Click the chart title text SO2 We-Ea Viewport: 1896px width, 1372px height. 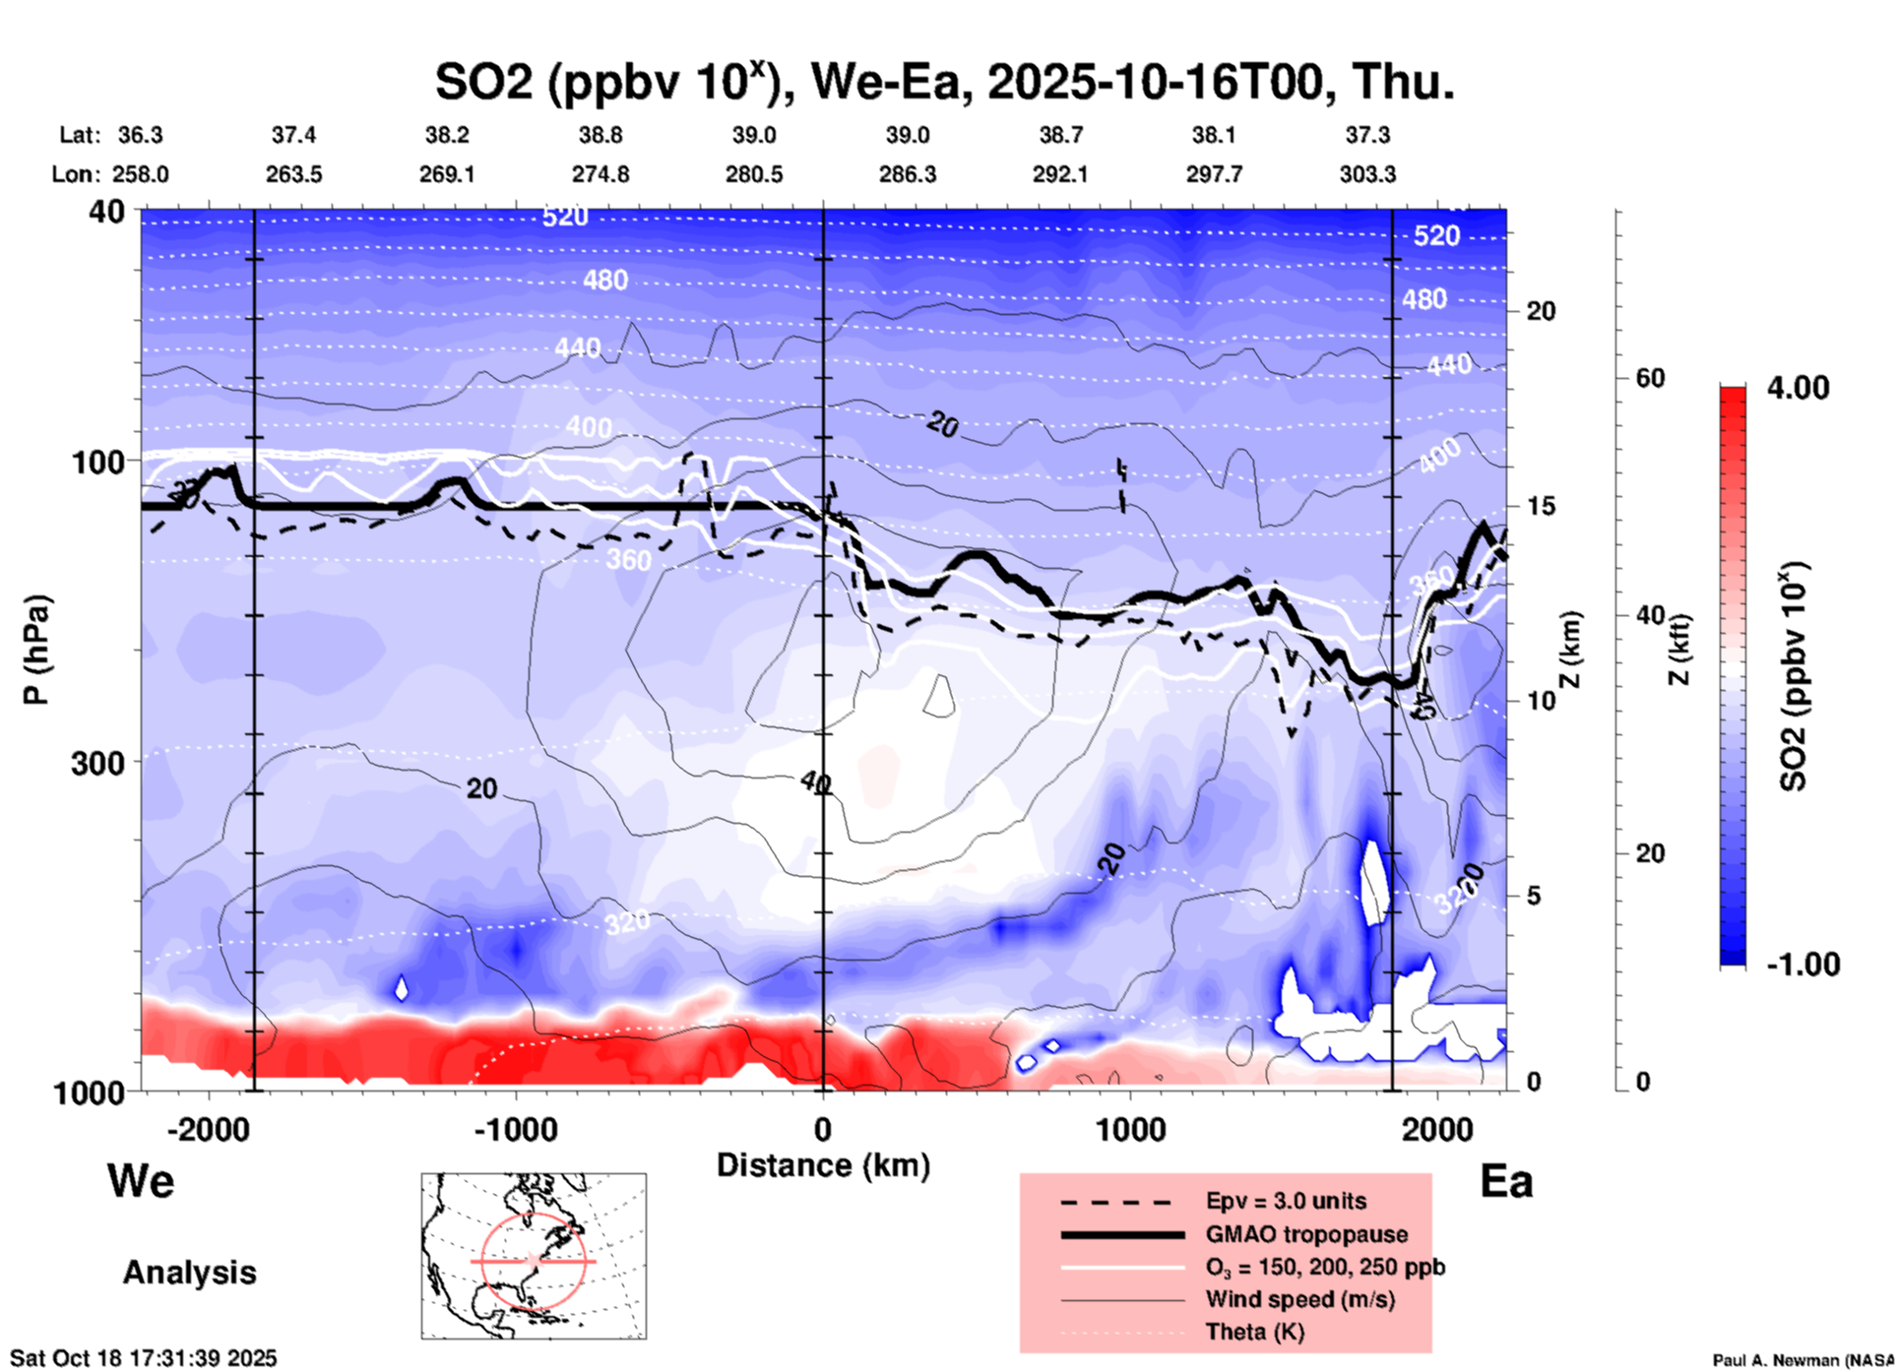click(x=945, y=81)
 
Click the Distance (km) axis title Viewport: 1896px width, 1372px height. click(x=823, y=1165)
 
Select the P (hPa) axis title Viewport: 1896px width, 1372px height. click(x=36, y=650)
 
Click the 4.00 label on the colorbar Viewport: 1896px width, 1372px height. click(x=1798, y=387)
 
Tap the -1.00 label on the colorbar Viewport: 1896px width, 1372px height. click(x=1802, y=965)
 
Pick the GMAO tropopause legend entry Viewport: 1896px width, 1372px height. click(x=1306, y=1234)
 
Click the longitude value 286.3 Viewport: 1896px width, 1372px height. click(x=908, y=174)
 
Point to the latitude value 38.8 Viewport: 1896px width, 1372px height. click(x=600, y=135)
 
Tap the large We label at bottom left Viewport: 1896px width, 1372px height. click(x=141, y=1180)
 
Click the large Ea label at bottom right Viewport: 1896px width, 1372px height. click(x=1506, y=1181)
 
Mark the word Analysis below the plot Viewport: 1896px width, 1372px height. click(x=189, y=1272)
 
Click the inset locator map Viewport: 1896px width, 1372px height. click(x=534, y=1256)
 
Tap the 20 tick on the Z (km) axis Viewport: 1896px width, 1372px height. click(x=1541, y=311)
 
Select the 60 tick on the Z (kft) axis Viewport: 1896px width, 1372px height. click(x=1650, y=378)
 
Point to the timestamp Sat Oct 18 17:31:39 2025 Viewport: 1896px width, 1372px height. click(x=144, y=1358)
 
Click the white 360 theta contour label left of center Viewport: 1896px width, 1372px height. click(x=629, y=560)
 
